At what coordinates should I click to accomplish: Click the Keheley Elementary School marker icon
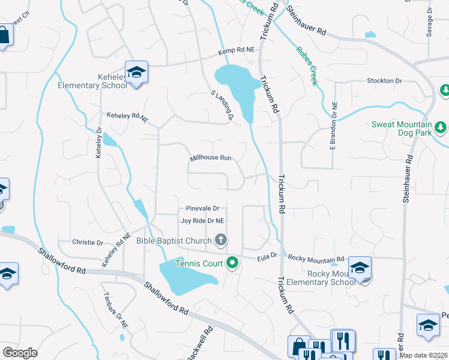137,73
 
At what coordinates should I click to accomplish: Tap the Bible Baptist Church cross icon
221,241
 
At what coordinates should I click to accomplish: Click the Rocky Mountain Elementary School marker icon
360,268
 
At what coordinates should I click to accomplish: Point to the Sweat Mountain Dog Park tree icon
441,127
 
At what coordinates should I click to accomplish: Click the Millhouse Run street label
211,158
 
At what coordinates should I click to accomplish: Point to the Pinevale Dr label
202,208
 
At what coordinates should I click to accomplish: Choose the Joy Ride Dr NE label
202,221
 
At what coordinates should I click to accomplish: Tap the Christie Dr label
88,242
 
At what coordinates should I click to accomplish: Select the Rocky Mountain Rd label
312,259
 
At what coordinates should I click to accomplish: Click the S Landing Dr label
221,106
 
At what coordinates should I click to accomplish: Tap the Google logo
20,353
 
